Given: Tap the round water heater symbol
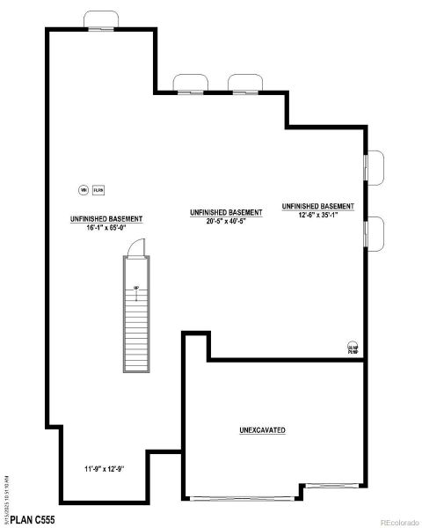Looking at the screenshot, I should pos(84,189).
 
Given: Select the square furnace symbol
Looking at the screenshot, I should pos(98,189).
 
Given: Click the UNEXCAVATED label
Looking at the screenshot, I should pos(262,430).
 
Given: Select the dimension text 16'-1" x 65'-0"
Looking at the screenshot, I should pos(106,227).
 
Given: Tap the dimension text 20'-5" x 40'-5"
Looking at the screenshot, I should pos(226,222).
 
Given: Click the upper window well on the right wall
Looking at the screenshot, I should pos(375,167).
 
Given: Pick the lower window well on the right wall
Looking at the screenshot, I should pos(375,231).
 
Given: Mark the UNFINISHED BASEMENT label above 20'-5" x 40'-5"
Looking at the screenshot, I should pos(226,213).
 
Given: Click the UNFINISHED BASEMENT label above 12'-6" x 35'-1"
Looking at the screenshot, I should pos(317,207).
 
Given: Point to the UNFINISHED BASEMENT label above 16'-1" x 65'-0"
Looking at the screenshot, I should pos(106,218).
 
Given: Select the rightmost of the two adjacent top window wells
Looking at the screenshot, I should pos(245,83).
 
